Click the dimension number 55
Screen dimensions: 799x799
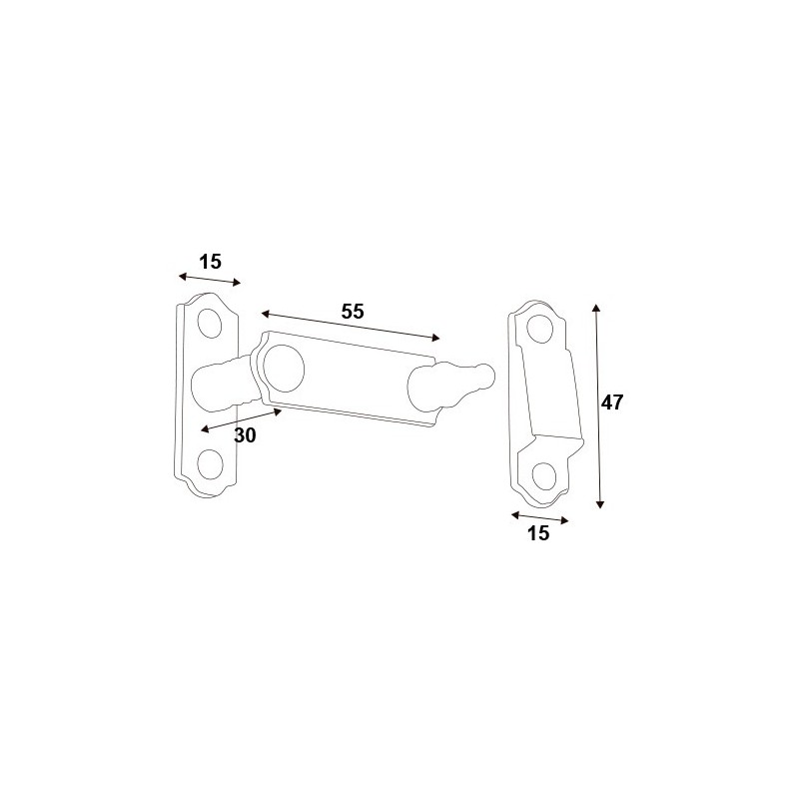[x=353, y=311]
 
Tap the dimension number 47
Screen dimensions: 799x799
[x=611, y=402]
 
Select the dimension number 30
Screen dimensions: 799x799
[x=245, y=435]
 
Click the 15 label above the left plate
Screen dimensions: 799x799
[x=210, y=262]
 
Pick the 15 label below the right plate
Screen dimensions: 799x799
[x=538, y=533]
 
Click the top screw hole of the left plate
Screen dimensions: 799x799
[x=210, y=323]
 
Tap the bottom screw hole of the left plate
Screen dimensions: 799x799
[x=210, y=464]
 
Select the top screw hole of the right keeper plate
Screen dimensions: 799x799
[x=540, y=330]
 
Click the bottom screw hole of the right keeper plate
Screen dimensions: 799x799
[x=543, y=476]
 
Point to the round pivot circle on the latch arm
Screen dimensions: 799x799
[x=284, y=369]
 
